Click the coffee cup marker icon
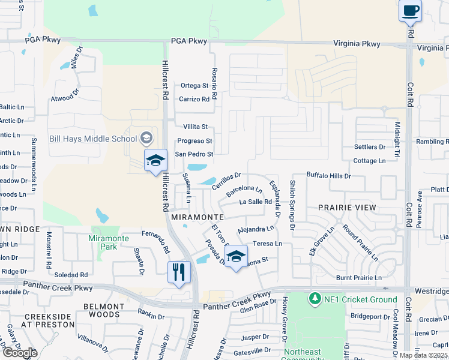point(410,11)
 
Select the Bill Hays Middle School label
point(93,139)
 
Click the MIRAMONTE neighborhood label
point(197,217)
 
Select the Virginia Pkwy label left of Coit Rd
point(357,44)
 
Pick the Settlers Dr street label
point(369,147)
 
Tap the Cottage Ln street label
point(369,161)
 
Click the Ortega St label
point(194,86)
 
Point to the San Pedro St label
point(193,154)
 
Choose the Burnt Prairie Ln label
point(359,278)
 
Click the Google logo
point(20,353)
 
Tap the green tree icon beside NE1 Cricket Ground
point(313,298)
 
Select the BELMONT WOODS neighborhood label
point(102,310)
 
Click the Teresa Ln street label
point(267,244)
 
